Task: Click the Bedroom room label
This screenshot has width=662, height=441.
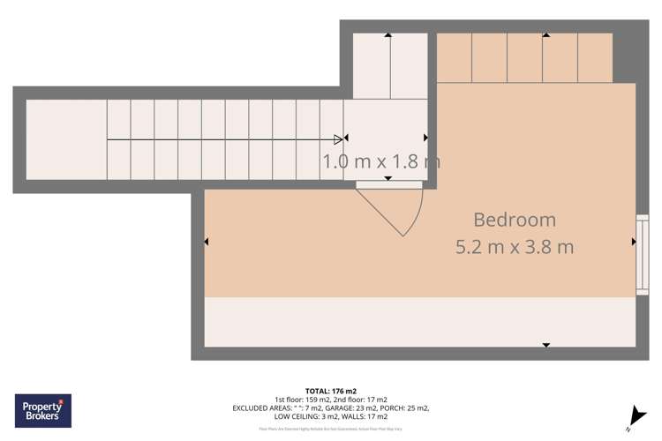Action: [x=515, y=220]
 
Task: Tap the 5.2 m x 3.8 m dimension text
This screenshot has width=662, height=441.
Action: [x=515, y=247]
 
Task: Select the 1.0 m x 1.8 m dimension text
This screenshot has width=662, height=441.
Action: [x=381, y=161]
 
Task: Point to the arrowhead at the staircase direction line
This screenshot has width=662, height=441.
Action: [x=339, y=138]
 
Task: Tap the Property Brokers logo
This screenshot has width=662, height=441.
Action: [x=43, y=411]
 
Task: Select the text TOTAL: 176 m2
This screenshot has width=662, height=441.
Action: [x=331, y=391]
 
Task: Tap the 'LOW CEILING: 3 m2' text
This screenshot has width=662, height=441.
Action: [x=304, y=416]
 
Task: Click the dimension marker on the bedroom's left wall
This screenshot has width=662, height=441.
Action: [x=207, y=242]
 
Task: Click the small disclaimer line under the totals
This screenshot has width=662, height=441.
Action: [x=331, y=430]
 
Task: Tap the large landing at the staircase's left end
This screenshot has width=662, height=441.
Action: [x=66, y=139]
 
